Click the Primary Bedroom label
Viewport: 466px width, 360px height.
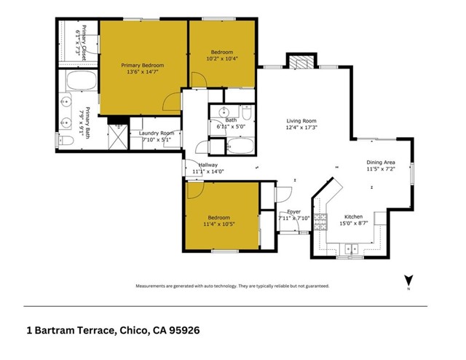pos(143,66)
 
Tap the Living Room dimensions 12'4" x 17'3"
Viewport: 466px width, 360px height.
pos(301,128)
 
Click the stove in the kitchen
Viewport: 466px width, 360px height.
pos(320,222)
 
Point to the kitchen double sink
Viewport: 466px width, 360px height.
pos(351,249)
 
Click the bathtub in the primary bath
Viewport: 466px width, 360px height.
pos(82,80)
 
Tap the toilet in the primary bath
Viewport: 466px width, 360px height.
pos(66,140)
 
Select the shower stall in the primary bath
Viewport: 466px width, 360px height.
pos(118,136)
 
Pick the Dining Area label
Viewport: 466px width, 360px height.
pos(380,163)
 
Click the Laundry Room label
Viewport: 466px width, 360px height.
pos(157,133)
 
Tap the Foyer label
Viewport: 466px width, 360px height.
pos(293,212)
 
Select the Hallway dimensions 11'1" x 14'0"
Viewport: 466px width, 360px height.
pos(208,171)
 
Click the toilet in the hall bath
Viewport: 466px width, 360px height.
pos(247,111)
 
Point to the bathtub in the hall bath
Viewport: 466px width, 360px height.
pos(240,146)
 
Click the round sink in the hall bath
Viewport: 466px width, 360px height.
pos(224,112)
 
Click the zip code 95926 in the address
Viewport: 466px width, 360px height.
pos(184,330)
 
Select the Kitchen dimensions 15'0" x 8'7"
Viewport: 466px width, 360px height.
pos(354,223)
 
